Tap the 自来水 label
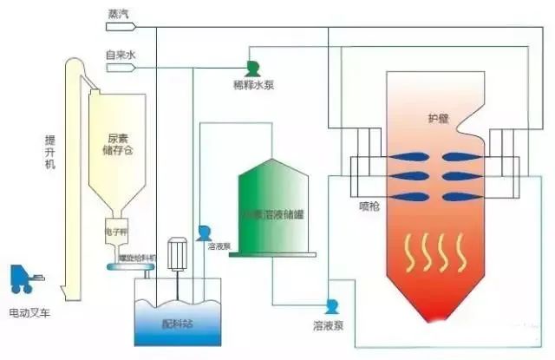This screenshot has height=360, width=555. point(121,55)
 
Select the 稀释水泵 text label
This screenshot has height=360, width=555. point(253,87)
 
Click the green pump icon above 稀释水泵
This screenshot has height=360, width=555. point(253,68)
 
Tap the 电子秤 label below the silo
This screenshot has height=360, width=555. point(117,233)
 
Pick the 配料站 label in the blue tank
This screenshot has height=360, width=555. point(177,324)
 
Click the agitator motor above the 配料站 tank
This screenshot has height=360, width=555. point(180,252)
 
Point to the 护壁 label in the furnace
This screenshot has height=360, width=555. point(438,119)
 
